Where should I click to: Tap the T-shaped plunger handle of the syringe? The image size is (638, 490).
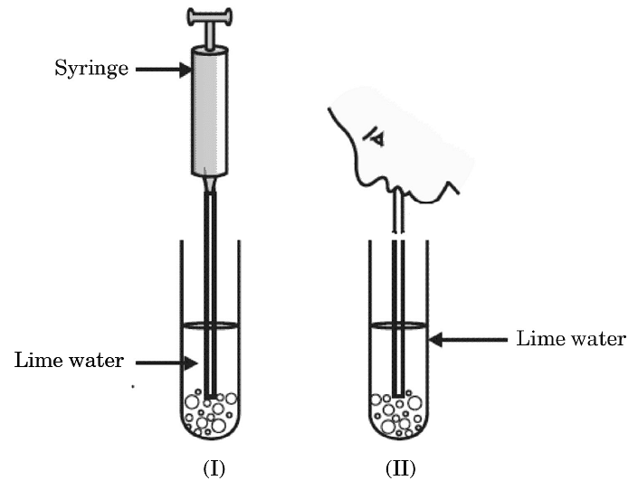(209, 17)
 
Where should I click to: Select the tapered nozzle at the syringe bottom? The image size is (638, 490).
(209, 184)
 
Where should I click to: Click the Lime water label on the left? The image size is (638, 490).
(69, 361)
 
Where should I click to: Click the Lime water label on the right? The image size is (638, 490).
(570, 339)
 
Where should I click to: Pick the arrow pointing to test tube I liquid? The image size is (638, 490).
(167, 363)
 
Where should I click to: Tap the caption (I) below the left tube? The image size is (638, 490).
(211, 468)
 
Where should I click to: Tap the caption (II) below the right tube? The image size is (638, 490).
(399, 468)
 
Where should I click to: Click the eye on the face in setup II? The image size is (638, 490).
(373, 137)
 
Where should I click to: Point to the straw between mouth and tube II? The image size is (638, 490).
(396, 217)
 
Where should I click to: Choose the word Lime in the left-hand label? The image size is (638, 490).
(37, 361)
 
